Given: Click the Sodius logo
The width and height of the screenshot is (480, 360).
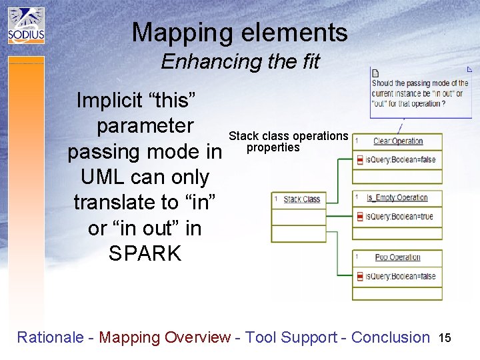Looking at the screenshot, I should [26, 25].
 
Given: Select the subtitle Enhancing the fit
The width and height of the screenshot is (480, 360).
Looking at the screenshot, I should [240, 62].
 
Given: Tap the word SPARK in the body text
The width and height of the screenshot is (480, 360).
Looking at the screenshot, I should [145, 253].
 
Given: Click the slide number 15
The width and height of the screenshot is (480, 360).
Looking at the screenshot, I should [445, 338].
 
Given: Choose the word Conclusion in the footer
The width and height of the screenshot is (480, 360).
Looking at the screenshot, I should [390, 337].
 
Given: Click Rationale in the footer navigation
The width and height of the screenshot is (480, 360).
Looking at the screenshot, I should [49, 337].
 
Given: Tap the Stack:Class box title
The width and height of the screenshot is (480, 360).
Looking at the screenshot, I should [301, 199].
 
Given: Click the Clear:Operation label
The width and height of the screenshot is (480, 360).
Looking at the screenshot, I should [398, 141].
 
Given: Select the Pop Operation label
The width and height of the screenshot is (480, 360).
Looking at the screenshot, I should [397, 257].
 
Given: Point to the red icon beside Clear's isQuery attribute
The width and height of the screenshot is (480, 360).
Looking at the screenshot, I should [360, 160].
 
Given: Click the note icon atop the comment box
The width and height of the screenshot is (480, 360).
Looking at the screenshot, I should [375, 73].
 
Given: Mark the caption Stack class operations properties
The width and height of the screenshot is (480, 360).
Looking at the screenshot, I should [288, 141].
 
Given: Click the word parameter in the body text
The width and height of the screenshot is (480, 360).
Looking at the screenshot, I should [145, 126].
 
